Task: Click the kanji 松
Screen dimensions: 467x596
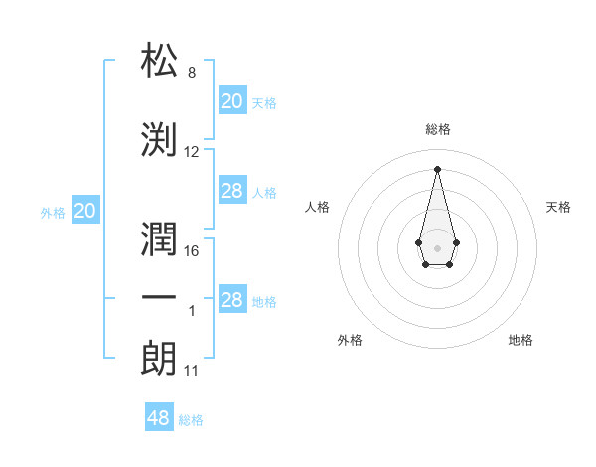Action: point(161,62)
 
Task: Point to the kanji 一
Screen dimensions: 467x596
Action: point(161,297)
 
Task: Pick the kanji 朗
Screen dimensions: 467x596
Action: point(161,358)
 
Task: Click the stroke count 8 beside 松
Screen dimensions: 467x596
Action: point(191,73)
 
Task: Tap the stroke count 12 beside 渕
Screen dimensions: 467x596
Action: point(192,152)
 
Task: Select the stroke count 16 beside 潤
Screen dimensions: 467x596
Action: point(192,251)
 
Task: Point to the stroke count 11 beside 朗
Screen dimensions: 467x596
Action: point(192,371)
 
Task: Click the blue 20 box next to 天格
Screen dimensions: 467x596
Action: point(231,101)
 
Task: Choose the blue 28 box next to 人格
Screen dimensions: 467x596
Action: point(231,191)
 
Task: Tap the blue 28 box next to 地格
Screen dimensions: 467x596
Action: point(231,301)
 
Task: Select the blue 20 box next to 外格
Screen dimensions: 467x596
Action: point(85,211)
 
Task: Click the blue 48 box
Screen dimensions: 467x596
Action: point(159,418)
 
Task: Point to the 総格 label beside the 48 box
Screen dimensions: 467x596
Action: point(191,420)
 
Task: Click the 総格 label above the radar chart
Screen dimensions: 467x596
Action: point(437,129)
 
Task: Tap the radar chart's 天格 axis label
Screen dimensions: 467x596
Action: point(558,207)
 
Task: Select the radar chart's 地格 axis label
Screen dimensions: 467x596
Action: point(521,340)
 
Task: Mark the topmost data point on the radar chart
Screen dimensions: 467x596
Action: point(437,169)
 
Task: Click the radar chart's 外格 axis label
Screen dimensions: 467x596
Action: point(350,340)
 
